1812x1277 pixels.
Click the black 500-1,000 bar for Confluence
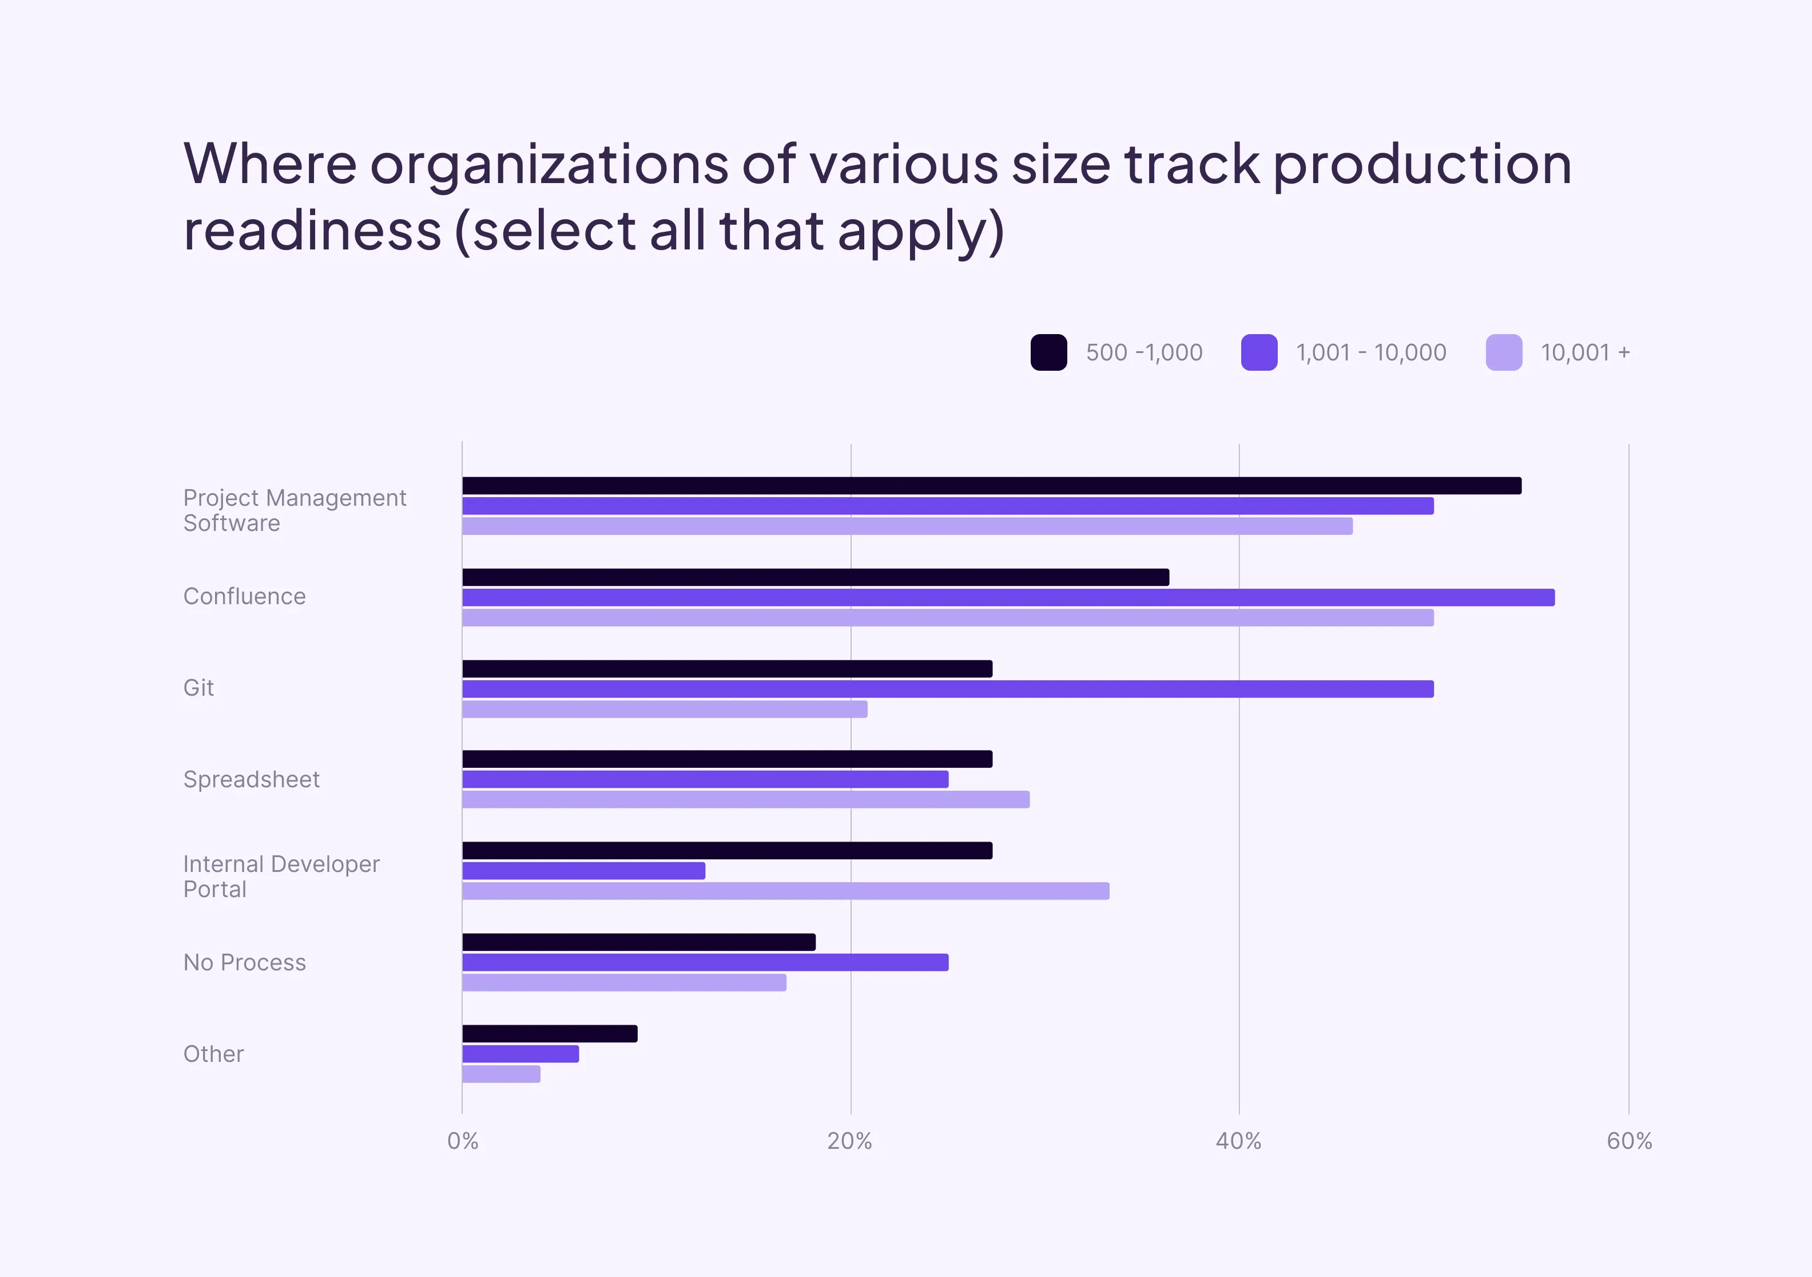click(815, 577)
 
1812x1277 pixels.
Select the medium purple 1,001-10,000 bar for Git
click(947, 689)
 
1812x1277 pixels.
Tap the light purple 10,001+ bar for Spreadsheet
click(746, 799)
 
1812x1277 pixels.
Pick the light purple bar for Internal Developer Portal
click(785, 891)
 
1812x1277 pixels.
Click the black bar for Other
click(549, 1034)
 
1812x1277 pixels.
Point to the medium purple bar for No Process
click(705, 962)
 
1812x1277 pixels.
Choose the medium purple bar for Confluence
click(1008, 597)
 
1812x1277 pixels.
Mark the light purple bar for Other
click(501, 1074)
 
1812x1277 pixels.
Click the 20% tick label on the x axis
click(850, 1141)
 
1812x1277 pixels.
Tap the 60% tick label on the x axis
click(1629, 1141)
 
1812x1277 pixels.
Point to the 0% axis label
click(463, 1141)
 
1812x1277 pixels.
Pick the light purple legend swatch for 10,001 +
click(1504, 352)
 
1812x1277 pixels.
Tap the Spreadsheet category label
click(252, 780)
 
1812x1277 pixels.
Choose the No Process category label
click(245, 963)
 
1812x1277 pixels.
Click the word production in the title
click(1422, 166)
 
